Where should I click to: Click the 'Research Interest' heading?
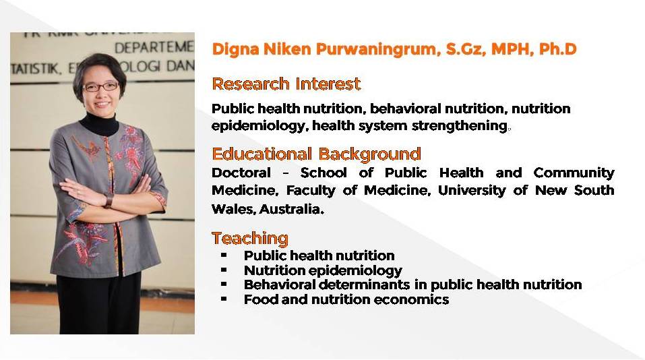click(286, 84)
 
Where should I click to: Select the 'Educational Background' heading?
click(316, 154)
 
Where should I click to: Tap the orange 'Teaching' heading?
click(250, 238)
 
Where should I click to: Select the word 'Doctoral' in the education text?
click(241, 173)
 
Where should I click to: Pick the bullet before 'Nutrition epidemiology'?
click(224, 270)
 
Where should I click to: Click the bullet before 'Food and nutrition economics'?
click(224, 299)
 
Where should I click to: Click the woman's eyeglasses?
click(101, 87)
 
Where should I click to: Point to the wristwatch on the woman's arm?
click(109, 200)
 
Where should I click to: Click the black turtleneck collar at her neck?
click(100, 123)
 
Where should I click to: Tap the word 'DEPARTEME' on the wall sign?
click(154, 48)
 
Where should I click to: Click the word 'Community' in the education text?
click(574, 173)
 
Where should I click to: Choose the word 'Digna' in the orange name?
click(235, 49)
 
